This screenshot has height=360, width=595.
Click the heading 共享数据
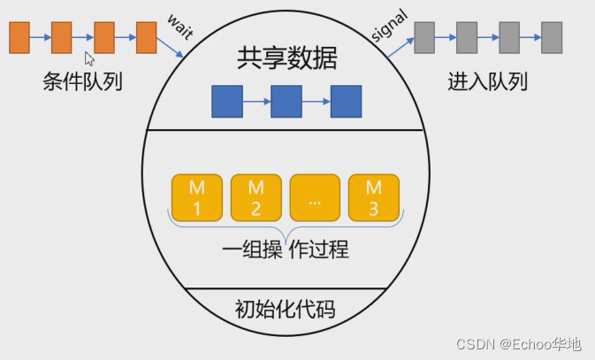click(287, 59)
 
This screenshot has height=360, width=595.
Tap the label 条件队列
click(82, 83)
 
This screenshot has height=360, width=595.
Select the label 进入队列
click(487, 83)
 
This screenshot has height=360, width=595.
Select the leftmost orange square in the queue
click(19, 38)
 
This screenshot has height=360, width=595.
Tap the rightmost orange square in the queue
click(147, 38)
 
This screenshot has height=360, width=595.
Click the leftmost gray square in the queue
click(424, 38)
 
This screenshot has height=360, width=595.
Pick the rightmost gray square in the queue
click(552, 38)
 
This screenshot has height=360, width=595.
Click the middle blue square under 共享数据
click(286, 102)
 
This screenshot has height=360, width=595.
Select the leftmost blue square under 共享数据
click(227, 102)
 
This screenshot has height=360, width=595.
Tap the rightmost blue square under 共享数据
click(346, 102)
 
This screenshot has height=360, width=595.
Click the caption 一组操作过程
click(285, 249)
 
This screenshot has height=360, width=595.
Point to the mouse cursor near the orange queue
click(88, 58)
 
